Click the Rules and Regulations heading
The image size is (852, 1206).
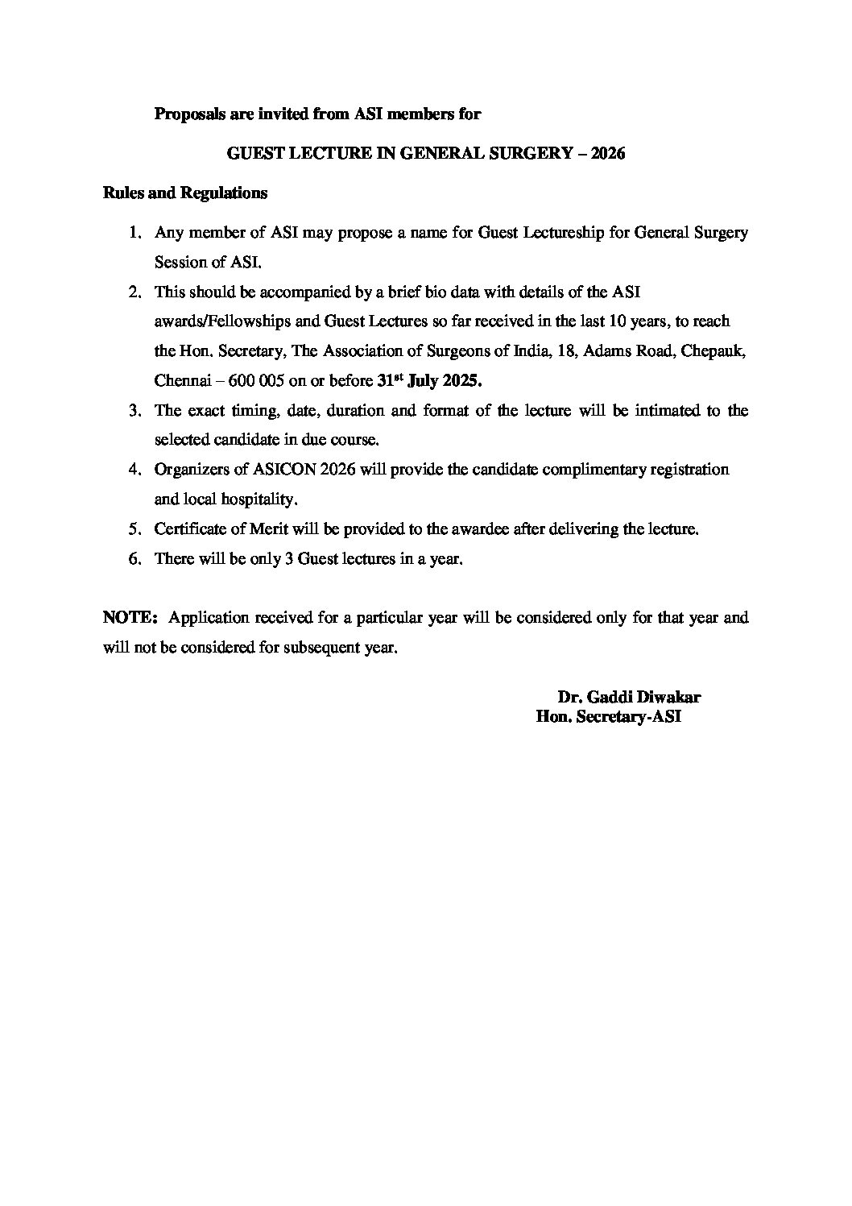[185, 193]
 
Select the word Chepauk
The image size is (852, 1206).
[702, 351]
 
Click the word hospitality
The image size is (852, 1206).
[256, 499]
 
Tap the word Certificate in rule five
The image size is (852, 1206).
[192, 530]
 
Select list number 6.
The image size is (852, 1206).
[134, 559]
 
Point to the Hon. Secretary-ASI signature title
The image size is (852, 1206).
[608, 717]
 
